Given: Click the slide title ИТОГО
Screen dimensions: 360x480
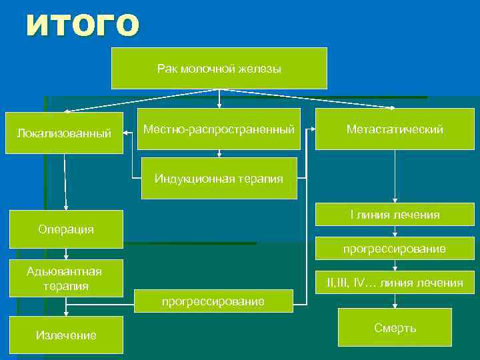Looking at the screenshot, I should tap(83, 25).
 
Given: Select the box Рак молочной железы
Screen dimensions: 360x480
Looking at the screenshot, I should tap(219, 68).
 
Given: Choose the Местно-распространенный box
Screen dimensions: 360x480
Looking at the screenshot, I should tap(219, 129).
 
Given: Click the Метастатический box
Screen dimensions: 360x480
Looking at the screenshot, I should tap(395, 129).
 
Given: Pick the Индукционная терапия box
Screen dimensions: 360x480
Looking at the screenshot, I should tap(219, 178).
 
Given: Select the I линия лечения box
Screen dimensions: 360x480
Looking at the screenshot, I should tap(395, 215).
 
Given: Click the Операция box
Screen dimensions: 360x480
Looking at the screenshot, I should tap(65, 229).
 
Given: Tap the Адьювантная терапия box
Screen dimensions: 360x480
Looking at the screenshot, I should tap(64, 279).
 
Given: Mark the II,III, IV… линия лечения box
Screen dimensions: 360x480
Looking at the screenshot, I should tap(395, 283).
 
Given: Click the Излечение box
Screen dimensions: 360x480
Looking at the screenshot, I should tap(65, 335).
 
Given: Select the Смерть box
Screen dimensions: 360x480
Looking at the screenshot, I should tap(395, 327).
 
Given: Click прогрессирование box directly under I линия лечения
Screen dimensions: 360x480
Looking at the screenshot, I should tap(395, 249).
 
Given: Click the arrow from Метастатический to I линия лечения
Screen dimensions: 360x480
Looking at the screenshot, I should tap(395, 177).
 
